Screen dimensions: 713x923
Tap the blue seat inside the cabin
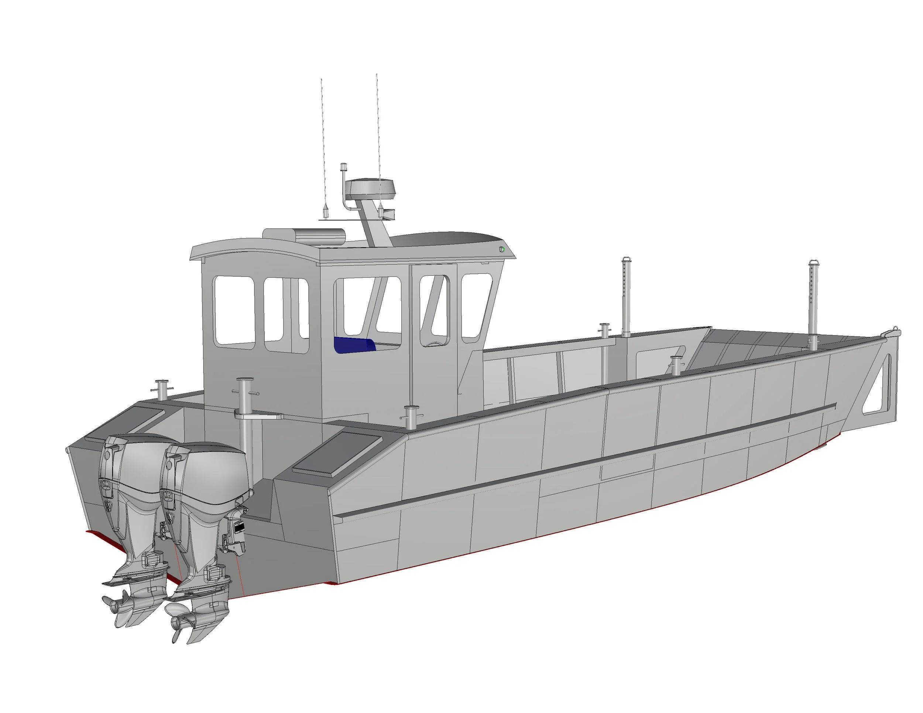pos(354,344)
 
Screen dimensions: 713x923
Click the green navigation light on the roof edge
pos(502,249)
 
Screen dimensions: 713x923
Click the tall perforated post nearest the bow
pos(813,304)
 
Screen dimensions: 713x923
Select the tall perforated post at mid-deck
pos(625,296)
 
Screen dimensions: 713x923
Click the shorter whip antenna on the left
pos(323,144)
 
